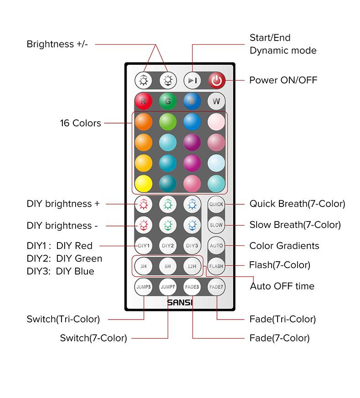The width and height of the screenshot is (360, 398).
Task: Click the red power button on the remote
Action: pos(216,81)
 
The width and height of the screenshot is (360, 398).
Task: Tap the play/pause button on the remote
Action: pos(192,81)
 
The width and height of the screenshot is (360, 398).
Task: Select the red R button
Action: pos(144,101)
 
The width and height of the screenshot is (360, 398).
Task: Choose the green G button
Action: pos(168,101)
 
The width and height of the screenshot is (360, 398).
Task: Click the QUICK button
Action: pos(216,204)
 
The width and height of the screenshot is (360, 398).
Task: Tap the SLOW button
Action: pos(216,225)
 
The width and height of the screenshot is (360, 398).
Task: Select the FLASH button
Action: pos(216,266)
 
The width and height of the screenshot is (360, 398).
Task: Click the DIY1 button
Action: pos(144,246)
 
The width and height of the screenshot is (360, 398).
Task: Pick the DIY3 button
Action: pos(192,246)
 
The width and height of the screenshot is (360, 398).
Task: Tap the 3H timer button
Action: pos(144,266)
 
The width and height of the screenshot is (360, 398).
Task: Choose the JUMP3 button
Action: pos(144,287)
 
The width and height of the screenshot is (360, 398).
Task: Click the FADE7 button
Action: pos(216,287)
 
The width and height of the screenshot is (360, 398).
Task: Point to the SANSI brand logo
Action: pos(180,302)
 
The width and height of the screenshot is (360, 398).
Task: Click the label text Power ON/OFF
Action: pos(283,80)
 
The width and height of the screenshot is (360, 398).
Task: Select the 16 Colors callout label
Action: pos(81,123)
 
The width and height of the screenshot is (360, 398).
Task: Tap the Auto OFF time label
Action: pos(282,286)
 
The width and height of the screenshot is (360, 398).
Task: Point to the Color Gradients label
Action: pos(284,246)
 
